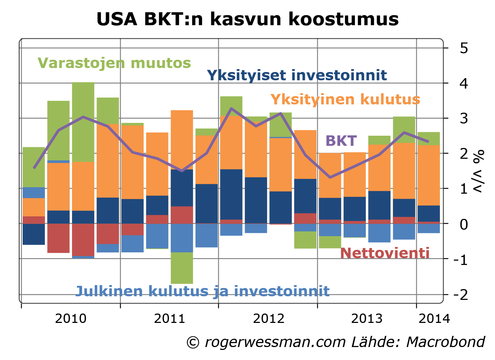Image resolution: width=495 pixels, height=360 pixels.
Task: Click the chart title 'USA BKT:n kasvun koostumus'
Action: tap(247, 19)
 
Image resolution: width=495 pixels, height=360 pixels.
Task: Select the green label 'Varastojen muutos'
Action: tap(114, 63)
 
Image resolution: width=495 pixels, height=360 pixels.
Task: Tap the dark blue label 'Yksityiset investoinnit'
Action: tap(297, 75)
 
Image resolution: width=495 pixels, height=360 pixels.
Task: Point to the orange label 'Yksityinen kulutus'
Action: tap(345, 99)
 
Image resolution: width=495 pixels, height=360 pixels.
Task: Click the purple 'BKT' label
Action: tap(341, 141)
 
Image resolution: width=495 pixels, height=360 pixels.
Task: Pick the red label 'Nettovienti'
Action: tap(384, 253)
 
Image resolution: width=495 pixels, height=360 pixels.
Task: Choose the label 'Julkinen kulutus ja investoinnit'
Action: tap(202, 291)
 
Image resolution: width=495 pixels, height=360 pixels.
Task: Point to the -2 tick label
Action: tap(460, 295)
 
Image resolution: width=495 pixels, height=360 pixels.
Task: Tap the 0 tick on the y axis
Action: tap(464, 224)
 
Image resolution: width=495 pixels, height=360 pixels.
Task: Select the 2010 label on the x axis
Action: tap(71, 319)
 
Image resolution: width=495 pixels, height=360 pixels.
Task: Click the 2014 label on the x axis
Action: tap(434, 319)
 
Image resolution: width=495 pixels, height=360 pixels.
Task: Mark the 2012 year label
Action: tap(268, 319)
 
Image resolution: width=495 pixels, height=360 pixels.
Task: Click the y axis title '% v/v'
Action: tap(479, 171)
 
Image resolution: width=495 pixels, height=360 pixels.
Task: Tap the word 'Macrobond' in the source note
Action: tap(446, 342)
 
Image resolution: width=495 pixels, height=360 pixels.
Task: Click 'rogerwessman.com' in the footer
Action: tap(275, 342)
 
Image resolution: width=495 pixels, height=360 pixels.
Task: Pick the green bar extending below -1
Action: tap(182, 268)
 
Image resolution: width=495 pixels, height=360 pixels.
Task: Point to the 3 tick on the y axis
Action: tap(464, 118)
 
